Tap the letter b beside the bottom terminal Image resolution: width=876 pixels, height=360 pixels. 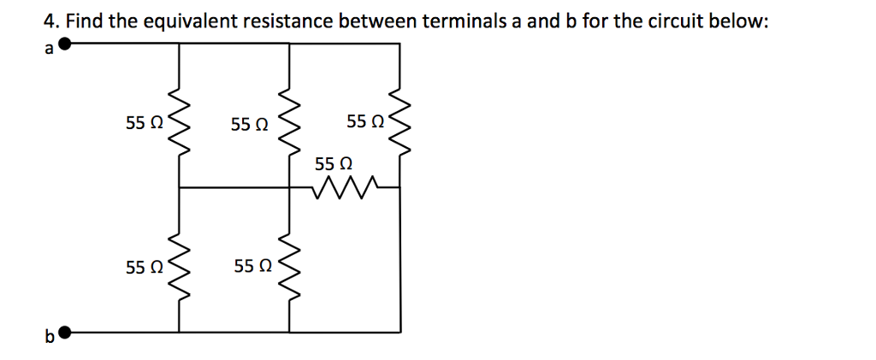[49, 338]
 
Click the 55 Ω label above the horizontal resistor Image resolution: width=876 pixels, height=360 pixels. [334, 162]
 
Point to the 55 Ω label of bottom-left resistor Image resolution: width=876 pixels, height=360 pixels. [143, 268]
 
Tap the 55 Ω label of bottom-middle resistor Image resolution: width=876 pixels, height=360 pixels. [252, 268]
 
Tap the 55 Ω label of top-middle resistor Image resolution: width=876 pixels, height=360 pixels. [250, 124]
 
